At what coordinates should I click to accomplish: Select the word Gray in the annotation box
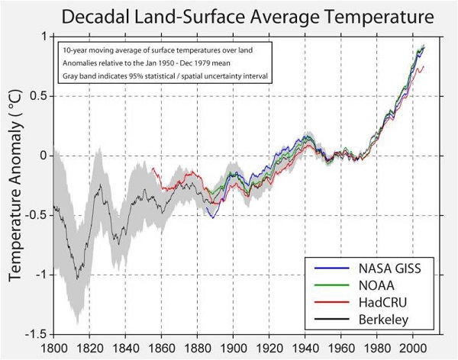coord(71,78)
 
